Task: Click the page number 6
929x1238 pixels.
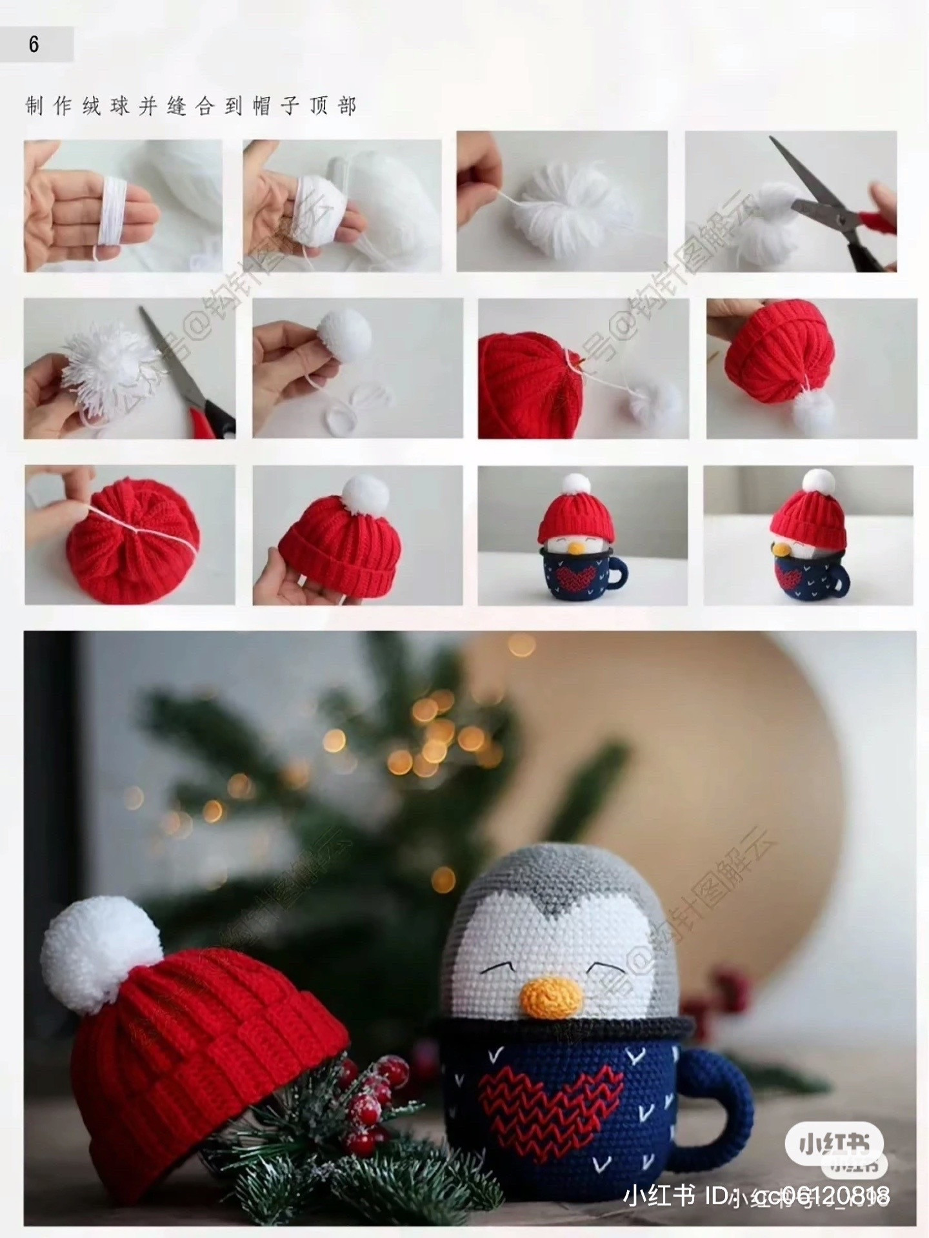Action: point(34,45)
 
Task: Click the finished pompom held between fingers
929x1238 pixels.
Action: point(345,332)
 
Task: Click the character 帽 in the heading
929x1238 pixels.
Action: point(261,106)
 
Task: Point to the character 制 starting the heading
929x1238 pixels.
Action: point(34,106)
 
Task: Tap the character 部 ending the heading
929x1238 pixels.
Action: point(347,106)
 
